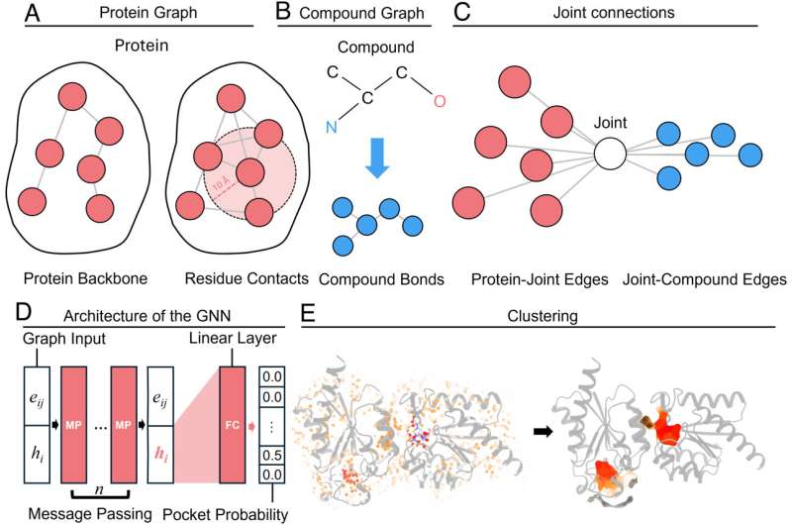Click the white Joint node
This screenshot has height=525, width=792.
tap(612, 154)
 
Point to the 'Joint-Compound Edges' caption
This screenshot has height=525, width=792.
tap(698, 280)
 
